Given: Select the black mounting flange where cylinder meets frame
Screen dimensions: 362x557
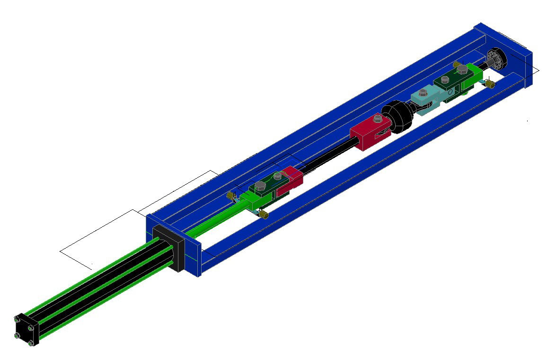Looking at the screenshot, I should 168,246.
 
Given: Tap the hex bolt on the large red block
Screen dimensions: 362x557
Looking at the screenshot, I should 378,119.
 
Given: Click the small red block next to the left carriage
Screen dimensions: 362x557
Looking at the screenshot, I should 290,182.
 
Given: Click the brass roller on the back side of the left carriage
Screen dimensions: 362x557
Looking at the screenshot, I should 231,195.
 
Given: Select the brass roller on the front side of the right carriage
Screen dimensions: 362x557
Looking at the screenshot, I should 490,84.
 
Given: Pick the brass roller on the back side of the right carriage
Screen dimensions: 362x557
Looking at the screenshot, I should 457,64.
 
